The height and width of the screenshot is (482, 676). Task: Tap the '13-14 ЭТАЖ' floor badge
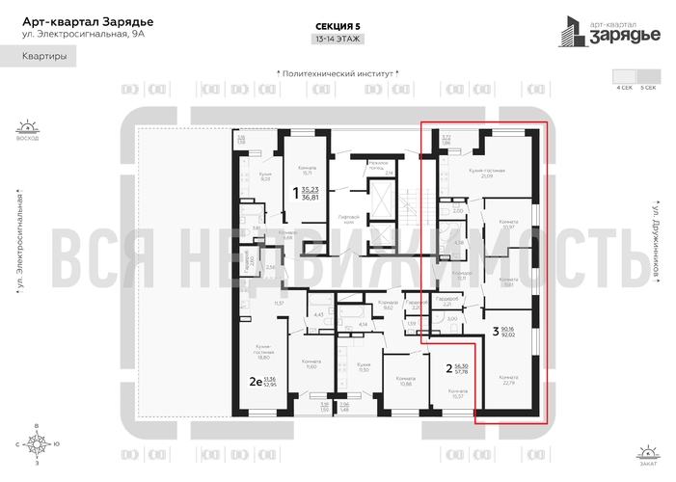pos(338,40)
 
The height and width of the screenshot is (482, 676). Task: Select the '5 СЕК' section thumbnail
pos(647,76)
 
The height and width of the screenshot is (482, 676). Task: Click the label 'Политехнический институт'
pos(338,72)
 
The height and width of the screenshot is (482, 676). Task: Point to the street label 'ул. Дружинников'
pos(655,241)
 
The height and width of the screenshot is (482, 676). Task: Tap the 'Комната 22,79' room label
pos(509,380)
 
